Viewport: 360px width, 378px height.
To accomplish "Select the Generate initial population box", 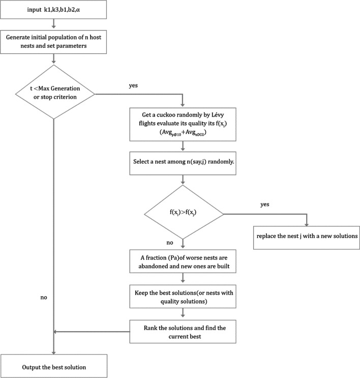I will point(54,41).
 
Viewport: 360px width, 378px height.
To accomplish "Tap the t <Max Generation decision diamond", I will point(54,93).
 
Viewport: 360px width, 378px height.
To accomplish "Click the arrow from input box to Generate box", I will point(54,24).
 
